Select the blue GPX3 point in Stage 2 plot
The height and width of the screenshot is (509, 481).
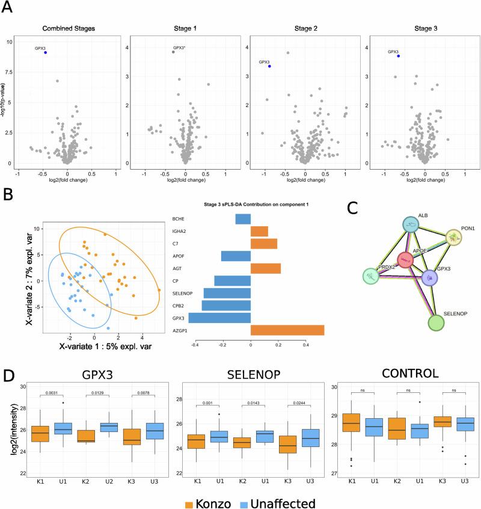tap(269, 66)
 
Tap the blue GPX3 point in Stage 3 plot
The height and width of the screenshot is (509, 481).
tap(398, 56)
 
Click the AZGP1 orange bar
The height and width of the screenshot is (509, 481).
tap(287, 330)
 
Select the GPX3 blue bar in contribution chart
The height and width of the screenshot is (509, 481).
tap(219, 318)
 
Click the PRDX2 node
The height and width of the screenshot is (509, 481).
tap(375, 276)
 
